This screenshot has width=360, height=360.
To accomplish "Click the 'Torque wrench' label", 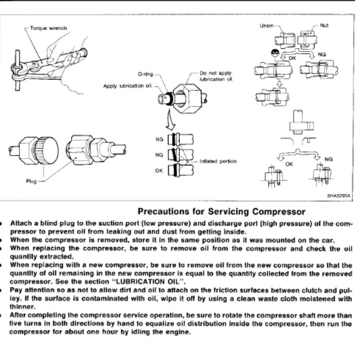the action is pyautogui.click(x=49, y=28).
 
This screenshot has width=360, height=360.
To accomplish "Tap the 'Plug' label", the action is pyautogui.click(x=31, y=181).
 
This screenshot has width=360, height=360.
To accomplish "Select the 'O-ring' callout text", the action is pyautogui.click(x=145, y=74).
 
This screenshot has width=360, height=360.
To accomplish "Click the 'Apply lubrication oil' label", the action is pyautogui.click(x=128, y=86).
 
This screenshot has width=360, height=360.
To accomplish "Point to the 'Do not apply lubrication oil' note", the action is pyautogui.click(x=216, y=76).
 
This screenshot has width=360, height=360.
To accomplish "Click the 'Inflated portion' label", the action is pyautogui.click(x=218, y=162).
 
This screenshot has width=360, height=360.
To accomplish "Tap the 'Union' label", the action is pyautogui.click(x=266, y=26).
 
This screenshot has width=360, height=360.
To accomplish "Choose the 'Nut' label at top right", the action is pyautogui.click(x=324, y=26).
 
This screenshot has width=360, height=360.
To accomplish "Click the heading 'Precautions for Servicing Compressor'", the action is pyautogui.click(x=221, y=211).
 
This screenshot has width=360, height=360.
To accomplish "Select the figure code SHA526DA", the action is pyautogui.click(x=339, y=196).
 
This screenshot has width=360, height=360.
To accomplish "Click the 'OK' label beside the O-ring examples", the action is pyautogui.click(x=159, y=171).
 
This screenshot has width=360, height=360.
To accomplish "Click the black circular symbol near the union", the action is pyautogui.click(x=275, y=53).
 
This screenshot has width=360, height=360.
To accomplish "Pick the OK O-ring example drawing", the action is pyautogui.click(x=180, y=170).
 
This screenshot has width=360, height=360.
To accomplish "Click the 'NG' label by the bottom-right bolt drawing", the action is pyautogui.click(x=328, y=159).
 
